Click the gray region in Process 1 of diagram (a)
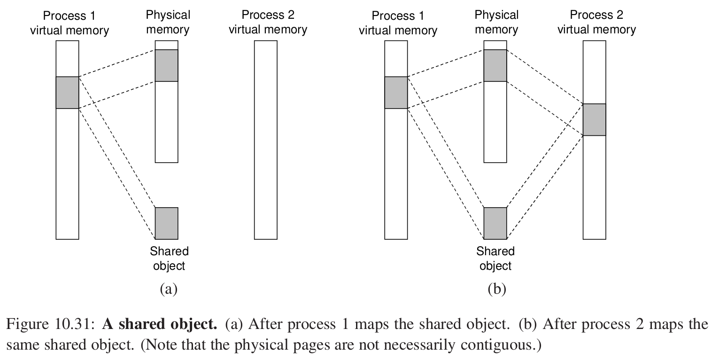coord(67,93)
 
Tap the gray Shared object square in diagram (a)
coord(167,223)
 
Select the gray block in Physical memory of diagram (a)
coord(167,65)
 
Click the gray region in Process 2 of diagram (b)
coord(594,119)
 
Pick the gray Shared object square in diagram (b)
coord(495,223)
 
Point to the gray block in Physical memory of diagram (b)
coord(495,65)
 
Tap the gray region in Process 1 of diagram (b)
coord(396,93)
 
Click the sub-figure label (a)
coord(169,289)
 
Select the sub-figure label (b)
coord(497,289)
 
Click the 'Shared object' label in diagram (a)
coord(169,258)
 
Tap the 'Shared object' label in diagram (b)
coord(496,258)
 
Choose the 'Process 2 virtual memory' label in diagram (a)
coord(268,23)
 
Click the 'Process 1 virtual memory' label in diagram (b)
coord(398,23)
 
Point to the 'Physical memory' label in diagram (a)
coord(168,23)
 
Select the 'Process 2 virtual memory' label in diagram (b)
coord(596,23)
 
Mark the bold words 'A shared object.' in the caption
coord(160,324)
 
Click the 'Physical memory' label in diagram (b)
coord(496,23)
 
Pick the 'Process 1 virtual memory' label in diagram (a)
coord(69,23)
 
